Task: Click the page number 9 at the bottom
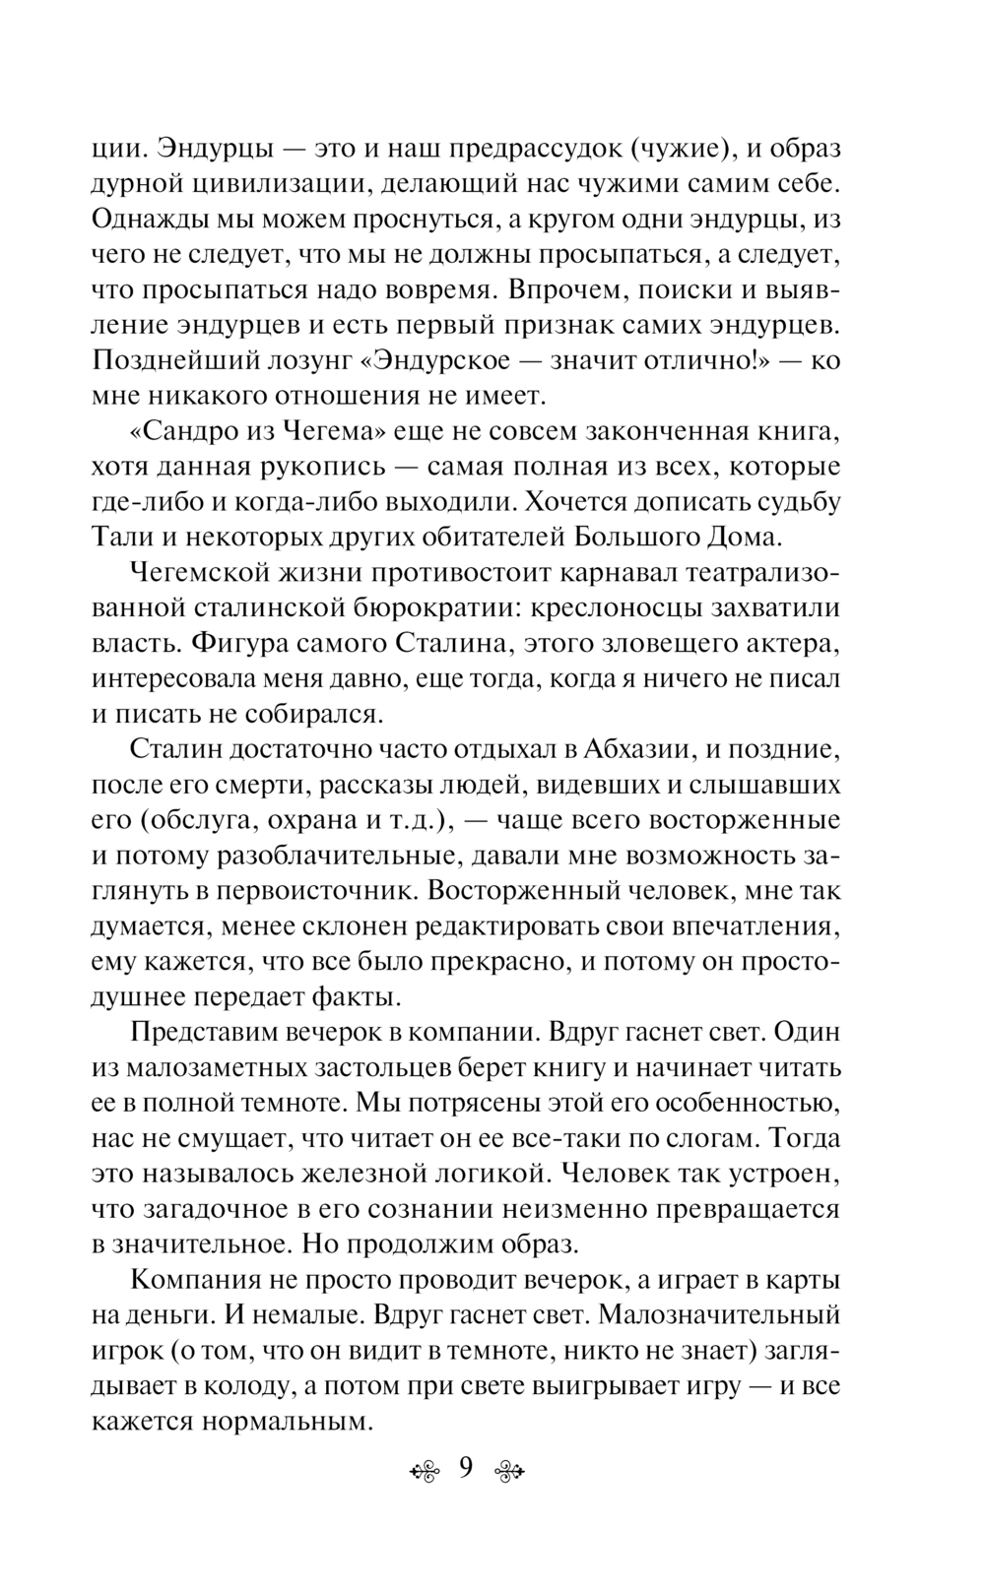[465, 1468]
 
